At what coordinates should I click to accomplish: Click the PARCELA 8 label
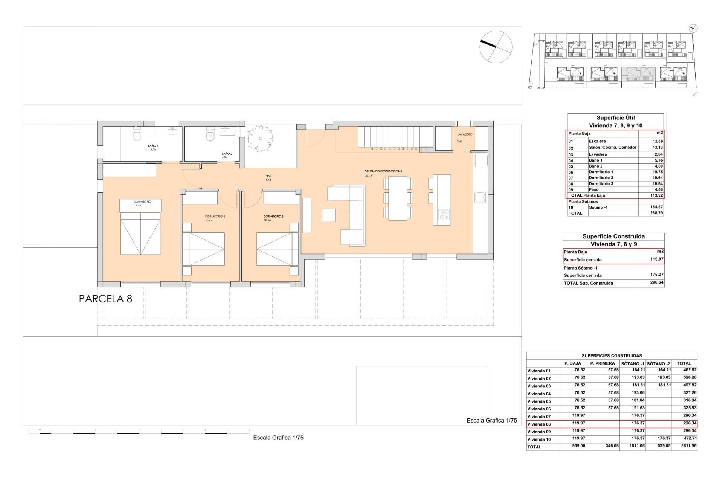coord(105,299)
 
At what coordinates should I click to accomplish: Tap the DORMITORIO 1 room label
coord(143,202)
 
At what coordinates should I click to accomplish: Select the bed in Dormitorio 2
coord(203,249)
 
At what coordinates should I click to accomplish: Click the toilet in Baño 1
coord(136,136)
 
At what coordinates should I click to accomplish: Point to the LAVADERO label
coord(465,134)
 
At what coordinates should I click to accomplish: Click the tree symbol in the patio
coord(259,139)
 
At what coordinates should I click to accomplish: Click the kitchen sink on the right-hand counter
coord(480,197)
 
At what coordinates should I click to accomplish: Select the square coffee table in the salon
coord(328,215)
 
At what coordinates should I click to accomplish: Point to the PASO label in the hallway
coord(268,176)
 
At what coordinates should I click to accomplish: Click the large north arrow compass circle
coord(496,47)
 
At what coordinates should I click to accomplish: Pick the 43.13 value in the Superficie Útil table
coord(657,148)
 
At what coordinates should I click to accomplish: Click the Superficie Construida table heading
coord(613,236)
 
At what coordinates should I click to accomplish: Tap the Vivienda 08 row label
coord(539,424)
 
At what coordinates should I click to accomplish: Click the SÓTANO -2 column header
coord(658,363)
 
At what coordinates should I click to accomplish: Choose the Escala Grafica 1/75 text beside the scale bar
coord(278,438)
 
